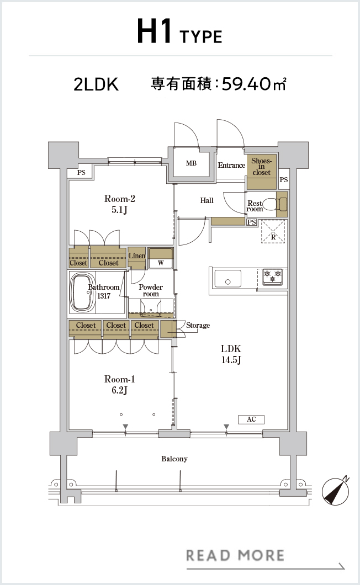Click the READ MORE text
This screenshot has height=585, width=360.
[x=235, y=555]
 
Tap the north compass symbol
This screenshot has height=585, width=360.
[x=336, y=491]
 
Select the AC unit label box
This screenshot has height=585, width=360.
[x=251, y=419]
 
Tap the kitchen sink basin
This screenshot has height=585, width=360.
[x=227, y=279]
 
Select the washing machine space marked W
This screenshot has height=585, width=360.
[x=161, y=258]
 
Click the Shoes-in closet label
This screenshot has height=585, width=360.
[x=261, y=167]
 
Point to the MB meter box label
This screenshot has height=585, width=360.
[x=191, y=163]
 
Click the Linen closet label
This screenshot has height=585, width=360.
[x=137, y=256]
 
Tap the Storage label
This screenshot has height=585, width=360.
[x=198, y=325]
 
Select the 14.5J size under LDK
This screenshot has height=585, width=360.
[x=231, y=360]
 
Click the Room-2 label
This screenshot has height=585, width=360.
[x=119, y=199]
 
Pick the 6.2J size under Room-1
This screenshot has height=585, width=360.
[x=119, y=391]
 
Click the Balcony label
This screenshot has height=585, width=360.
[x=174, y=459]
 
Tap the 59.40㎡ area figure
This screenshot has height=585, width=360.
[x=254, y=84]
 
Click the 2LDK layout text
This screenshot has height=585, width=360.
[x=96, y=84]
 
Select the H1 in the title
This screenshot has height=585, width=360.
[x=154, y=31]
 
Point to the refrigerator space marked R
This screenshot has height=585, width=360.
[x=273, y=231]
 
